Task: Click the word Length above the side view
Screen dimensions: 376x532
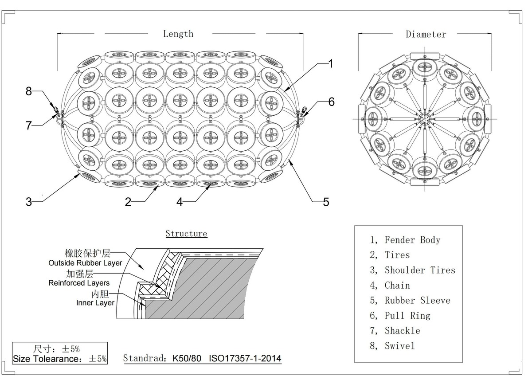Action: (178, 34)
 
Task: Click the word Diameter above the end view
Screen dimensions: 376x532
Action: (426, 34)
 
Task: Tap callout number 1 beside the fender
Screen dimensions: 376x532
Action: (330, 64)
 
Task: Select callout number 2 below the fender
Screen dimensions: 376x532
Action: (128, 202)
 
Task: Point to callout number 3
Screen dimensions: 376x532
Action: (29, 202)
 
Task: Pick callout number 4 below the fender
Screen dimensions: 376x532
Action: (179, 202)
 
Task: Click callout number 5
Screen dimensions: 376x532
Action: (326, 202)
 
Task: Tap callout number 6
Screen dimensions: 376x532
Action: (331, 102)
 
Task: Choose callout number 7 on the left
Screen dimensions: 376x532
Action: (29, 125)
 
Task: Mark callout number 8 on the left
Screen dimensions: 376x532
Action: (29, 91)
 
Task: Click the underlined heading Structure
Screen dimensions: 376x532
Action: (186, 233)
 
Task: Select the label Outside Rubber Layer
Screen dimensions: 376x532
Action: (85, 263)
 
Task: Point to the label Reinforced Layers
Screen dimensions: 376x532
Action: (79, 282)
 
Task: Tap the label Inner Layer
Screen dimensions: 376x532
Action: (95, 303)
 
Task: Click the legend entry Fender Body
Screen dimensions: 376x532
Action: (412, 240)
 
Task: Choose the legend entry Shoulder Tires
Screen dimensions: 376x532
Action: (419, 270)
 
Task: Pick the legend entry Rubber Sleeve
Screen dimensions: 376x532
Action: (417, 300)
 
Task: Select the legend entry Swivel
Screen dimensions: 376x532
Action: (399, 345)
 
